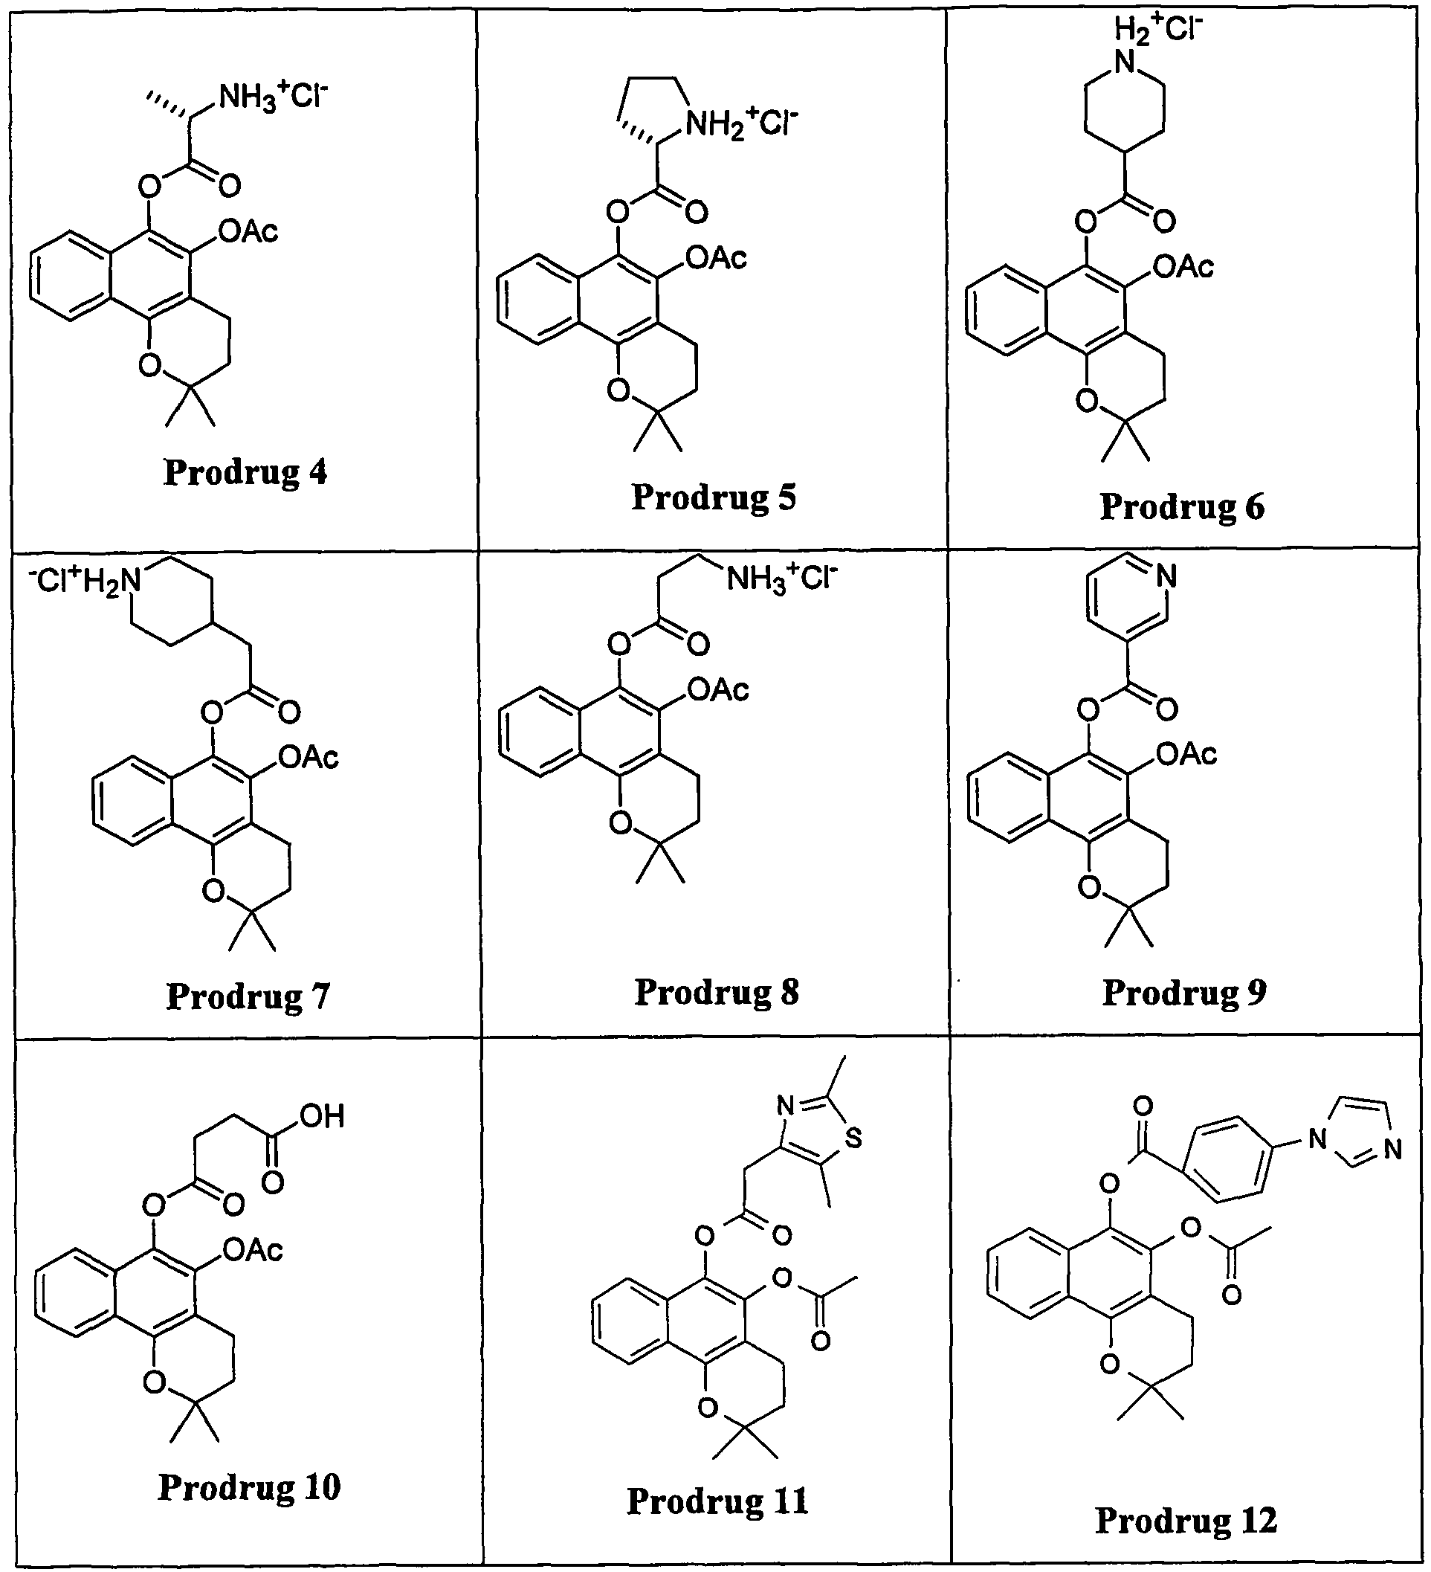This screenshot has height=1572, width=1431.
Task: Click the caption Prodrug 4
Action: point(245,472)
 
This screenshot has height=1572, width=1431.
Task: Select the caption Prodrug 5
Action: point(713,497)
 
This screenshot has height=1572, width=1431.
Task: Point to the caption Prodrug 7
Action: point(248,996)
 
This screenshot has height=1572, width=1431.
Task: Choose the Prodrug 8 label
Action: point(717,992)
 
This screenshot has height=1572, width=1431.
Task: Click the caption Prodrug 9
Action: point(1184,992)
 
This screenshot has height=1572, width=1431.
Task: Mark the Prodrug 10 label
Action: point(250,1486)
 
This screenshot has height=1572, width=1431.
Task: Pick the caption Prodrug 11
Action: point(717,1501)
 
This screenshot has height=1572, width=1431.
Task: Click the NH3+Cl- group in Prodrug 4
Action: point(274,97)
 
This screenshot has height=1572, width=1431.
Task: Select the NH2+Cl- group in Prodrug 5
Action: point(741,123)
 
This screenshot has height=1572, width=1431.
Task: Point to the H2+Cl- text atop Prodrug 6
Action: point(1157,29)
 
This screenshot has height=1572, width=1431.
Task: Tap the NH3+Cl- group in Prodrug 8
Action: point(782,579)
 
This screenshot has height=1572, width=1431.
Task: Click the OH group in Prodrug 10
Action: point(323,1117)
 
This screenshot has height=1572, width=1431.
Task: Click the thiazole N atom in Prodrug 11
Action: point(786,1105)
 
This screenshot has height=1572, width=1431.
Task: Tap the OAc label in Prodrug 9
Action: point(1186,754)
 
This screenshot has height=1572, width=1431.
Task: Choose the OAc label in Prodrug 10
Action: point(253,1251)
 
